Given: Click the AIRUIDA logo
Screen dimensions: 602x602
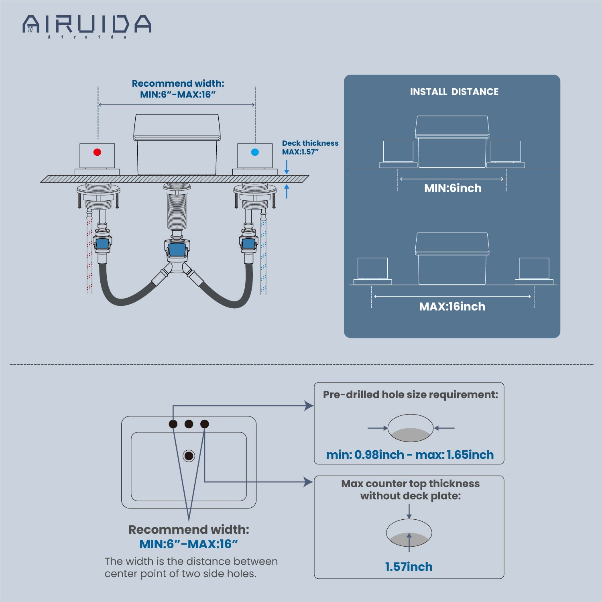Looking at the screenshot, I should point(87,25).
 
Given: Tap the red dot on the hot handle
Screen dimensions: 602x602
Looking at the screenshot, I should point(97,152).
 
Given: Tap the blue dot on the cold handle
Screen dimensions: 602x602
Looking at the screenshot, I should point(255,152).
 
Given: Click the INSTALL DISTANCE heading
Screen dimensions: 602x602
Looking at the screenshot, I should point(454,92).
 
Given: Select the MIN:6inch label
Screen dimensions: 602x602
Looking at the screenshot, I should point(453,188).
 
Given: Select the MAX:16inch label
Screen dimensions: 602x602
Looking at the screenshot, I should point(452,307).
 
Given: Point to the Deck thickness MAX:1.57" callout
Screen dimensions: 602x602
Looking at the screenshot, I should point(310,147).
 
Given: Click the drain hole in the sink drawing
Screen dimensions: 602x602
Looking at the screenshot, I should point(189,456).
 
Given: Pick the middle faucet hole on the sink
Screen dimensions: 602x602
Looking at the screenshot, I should point(189,424).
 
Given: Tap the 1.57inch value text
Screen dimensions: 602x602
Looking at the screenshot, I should point(409,567).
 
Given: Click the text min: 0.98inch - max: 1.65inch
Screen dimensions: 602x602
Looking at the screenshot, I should point(410,455).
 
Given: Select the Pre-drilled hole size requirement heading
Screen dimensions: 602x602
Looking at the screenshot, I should point(410,395).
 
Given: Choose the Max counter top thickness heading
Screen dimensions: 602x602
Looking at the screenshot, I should point(410,490).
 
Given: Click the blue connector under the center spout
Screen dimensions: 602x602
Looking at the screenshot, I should point(177,250).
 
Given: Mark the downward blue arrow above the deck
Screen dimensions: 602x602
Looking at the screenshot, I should point(287,167).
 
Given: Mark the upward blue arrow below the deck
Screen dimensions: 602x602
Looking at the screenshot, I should point(287,191).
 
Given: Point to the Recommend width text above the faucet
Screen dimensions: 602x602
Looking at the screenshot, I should point(178,89).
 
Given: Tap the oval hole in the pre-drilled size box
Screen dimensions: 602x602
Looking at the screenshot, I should point(410,428).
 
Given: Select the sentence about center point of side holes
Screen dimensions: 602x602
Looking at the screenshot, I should point(191,567).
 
